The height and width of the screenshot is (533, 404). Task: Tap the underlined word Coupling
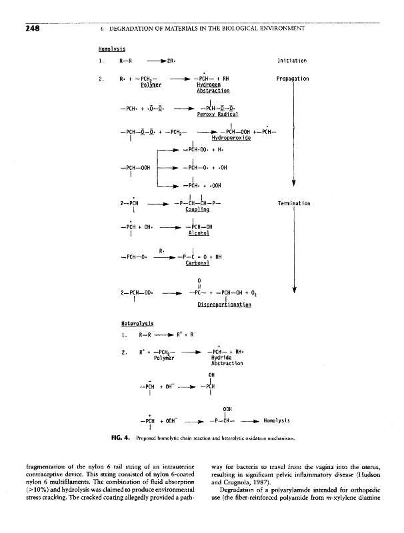click(196, 209)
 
